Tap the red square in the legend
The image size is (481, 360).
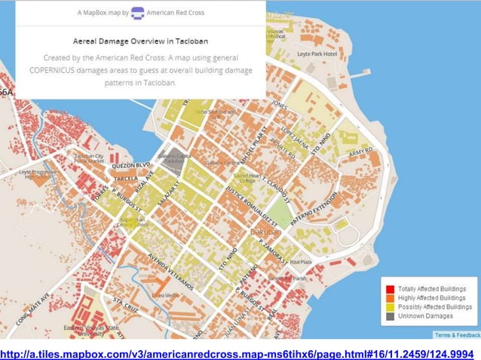(x=390, y=289)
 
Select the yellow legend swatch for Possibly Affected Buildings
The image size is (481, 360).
(x=390, y=307)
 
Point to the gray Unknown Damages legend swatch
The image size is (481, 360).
(x=390, y=316)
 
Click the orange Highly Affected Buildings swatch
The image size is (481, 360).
(x=390, y=298)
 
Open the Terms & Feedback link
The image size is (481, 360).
(x=456, y=334)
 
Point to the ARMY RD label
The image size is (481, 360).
(x=361, y=153)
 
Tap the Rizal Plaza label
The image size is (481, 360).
(x=300, y=262)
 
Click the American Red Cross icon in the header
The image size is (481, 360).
(x=137, y=13)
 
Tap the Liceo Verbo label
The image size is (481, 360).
(x=166, y=295)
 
